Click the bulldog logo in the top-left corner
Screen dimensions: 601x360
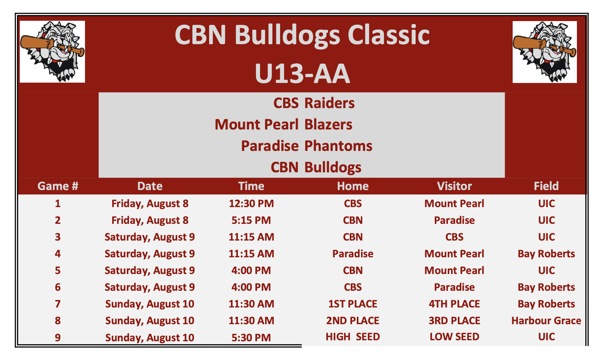click(52, 52)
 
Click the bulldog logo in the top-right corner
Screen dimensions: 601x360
click(544, 52)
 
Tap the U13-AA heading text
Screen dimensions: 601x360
click(302, 73)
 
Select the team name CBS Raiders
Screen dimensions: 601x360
click(314, 103)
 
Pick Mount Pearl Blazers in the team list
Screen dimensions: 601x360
click(283, 124)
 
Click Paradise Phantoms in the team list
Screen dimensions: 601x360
click(307, 146)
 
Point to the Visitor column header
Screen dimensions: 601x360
click(454, 186)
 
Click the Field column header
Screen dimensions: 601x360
click(546, 186)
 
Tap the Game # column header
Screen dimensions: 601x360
click(58, 186)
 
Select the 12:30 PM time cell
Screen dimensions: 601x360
click(251, 203)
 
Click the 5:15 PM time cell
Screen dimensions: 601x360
click(251, 220)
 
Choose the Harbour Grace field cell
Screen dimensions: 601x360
click(546, 321)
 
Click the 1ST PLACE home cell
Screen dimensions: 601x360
click(353, 304)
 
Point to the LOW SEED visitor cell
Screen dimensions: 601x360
click(454, 337)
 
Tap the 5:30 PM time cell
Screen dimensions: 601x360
click(251, 337)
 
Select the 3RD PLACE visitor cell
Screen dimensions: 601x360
click(454, 321)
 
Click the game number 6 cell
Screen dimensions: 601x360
click(58, 287)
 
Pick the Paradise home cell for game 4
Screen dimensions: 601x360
click(353, 254)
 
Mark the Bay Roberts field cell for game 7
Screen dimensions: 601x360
click(546, 304)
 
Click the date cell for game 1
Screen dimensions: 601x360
click(150, 203)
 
